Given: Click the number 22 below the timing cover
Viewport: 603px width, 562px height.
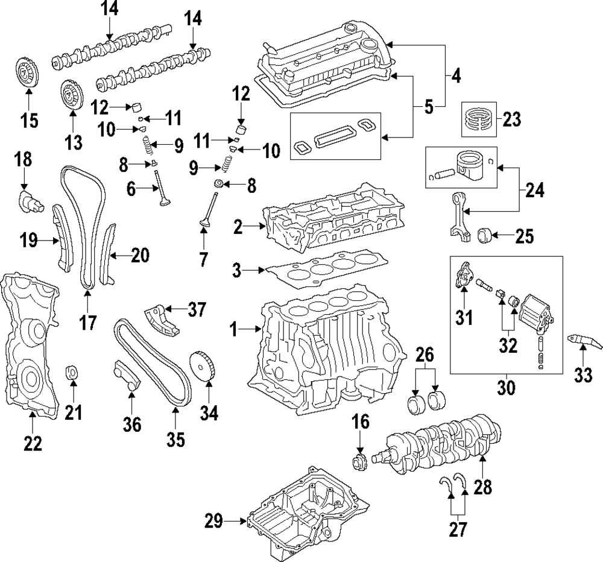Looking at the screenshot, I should [33, 443].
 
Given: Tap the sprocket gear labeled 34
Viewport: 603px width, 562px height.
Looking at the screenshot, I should [201, 366].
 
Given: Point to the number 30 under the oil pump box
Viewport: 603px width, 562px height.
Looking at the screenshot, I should [507, 387].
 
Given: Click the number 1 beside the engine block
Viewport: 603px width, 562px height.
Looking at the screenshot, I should [234, 329].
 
